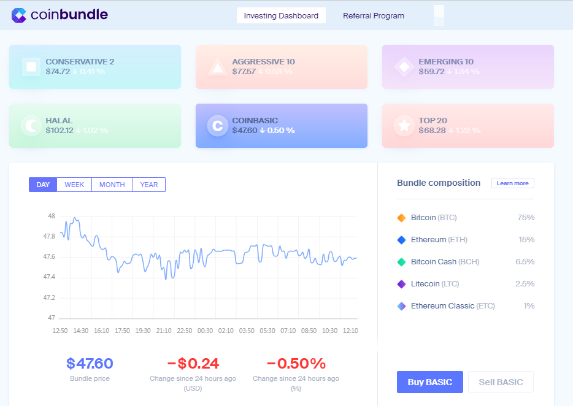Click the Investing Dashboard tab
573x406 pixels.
(x=281, y=16)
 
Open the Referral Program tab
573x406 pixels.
(x=374, y=16)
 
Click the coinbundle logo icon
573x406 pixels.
(x=19, y=15)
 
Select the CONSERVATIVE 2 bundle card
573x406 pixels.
(x=95, y=67)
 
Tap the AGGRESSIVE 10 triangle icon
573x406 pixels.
(x=217, y=67)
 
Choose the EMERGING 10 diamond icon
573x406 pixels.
(x=404, y=67)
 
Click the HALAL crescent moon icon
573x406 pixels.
(x=31, y=126)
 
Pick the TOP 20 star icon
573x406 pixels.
(x=404, y=126)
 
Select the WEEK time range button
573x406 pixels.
(x=74, y=185)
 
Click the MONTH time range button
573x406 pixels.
(x=112, y=185)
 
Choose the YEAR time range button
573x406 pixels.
(x=149, y=185)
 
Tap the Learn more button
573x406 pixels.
(x=512, y=183)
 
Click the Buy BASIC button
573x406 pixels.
(x=429, y=382)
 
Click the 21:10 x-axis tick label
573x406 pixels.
(x=164, y=331)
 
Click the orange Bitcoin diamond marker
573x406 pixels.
(x=402, y=218)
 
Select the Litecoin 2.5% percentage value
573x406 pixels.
(x=526, y=284)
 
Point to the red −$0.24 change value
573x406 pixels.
(x=193, y=364)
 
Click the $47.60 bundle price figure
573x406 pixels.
(x=90, y=364)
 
